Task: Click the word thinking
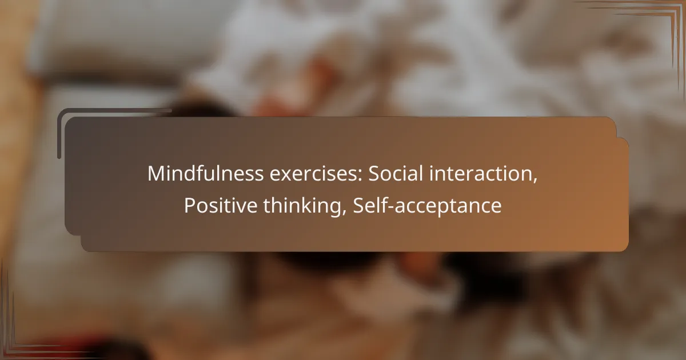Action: click(303, 206)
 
